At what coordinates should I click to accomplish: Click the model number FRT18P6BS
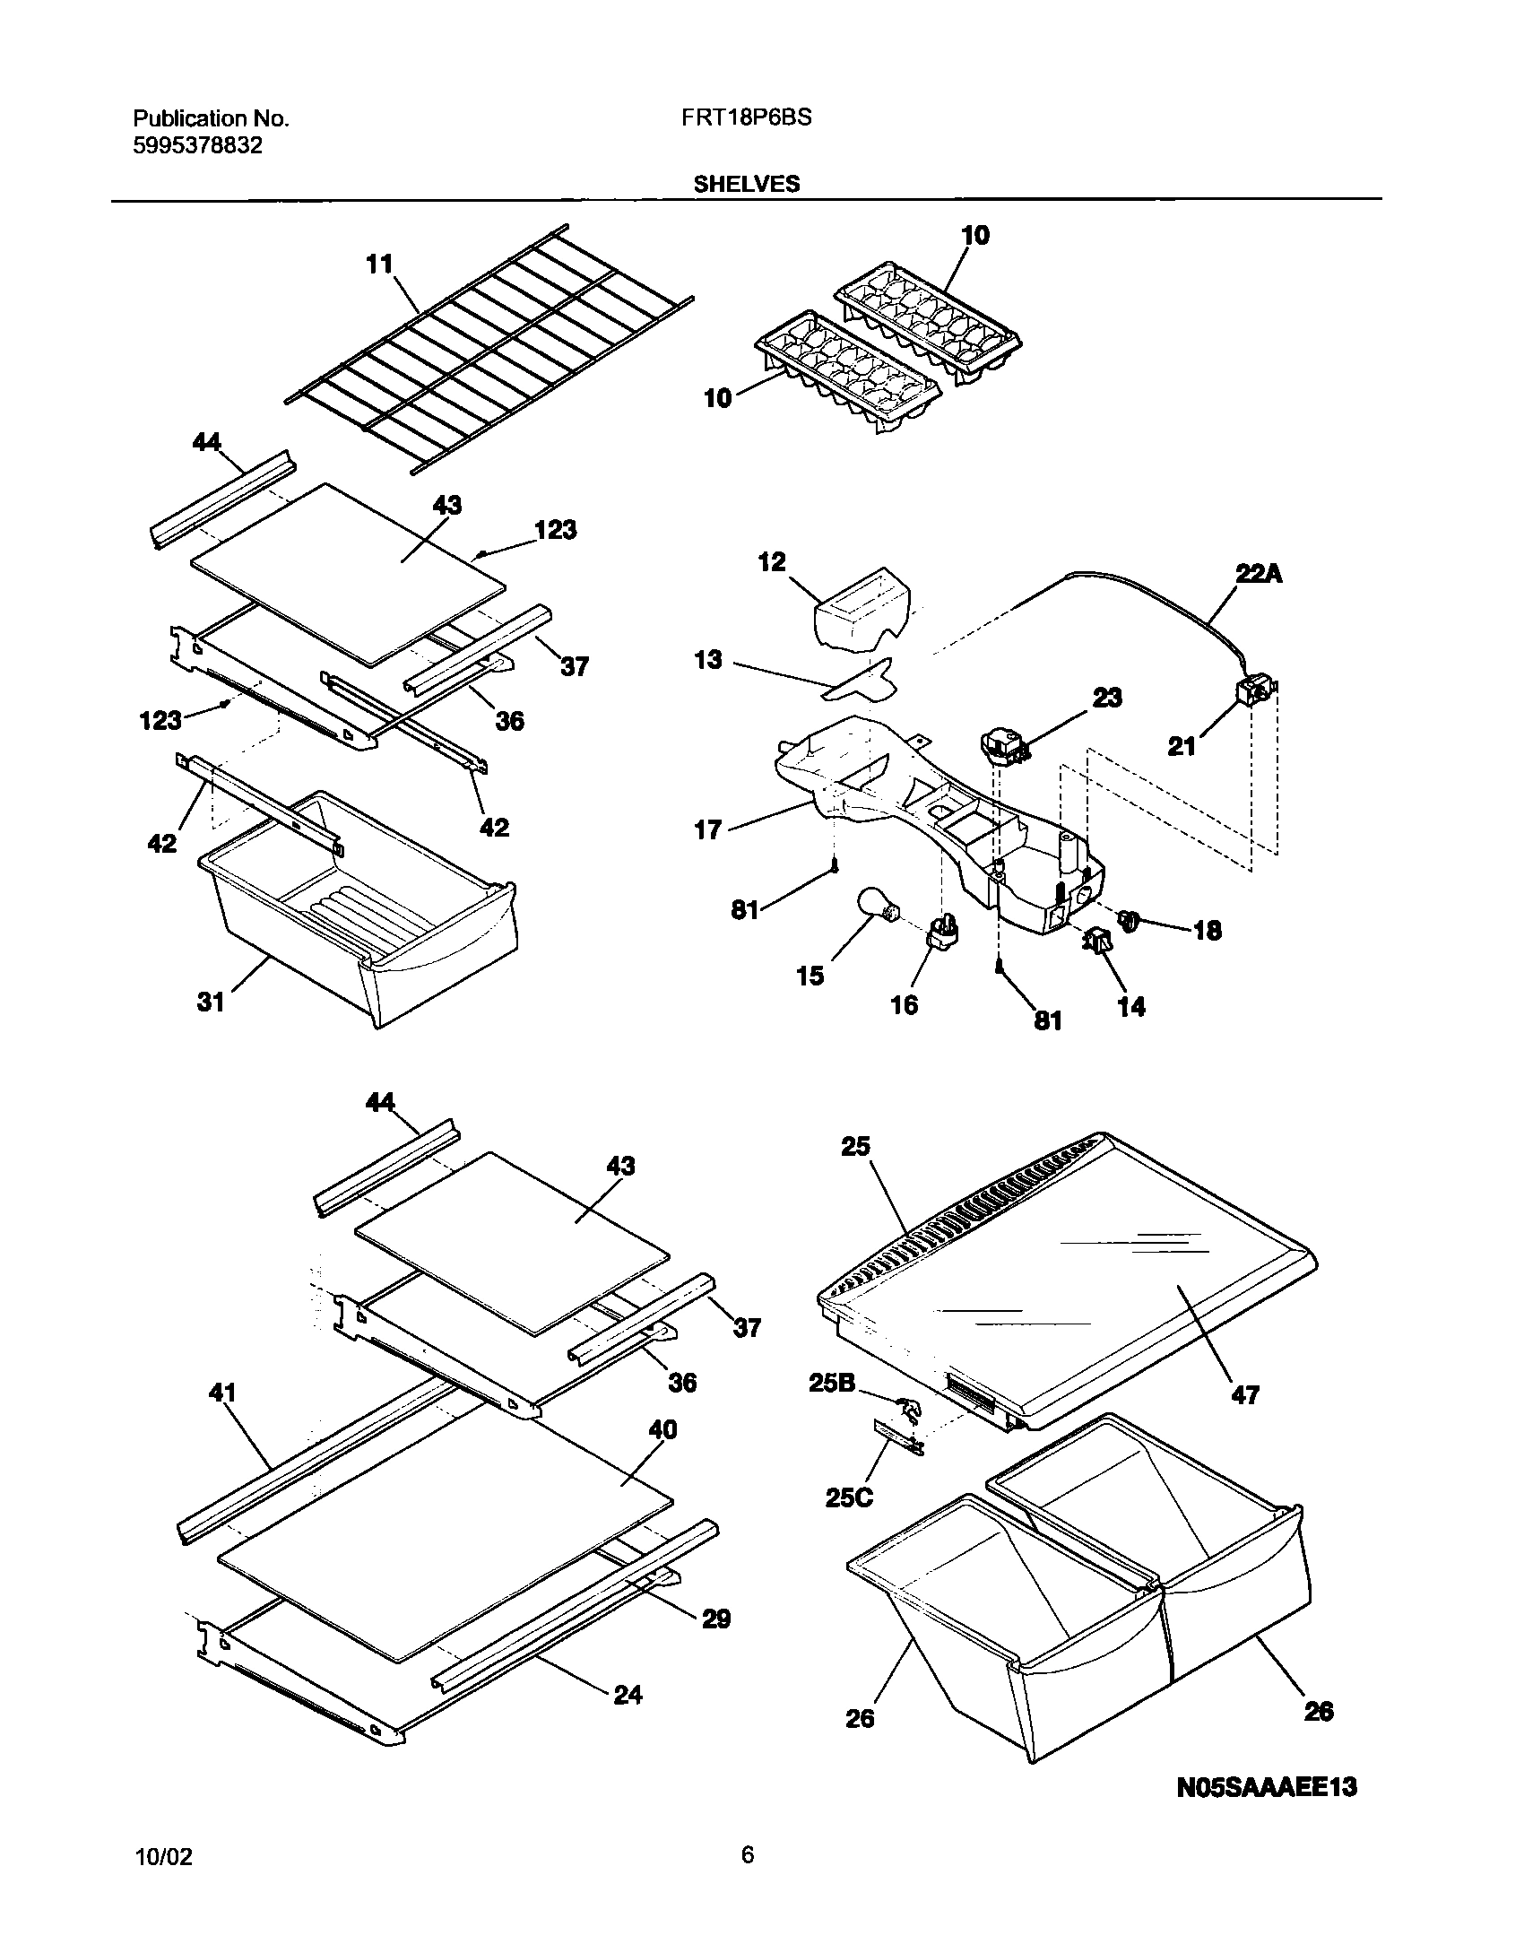click(740, 117)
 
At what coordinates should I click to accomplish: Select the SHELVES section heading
click(746, 184)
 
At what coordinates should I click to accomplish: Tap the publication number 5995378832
click(197, 145)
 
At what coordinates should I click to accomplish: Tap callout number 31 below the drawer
click(211, 1001)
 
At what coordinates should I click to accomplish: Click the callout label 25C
click(849, 1497)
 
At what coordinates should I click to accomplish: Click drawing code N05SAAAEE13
click(1266, 1812)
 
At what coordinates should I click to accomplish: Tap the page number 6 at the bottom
click(747, 1874)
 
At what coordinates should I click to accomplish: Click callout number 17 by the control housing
click(707, 829)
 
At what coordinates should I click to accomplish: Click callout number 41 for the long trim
click(222, 1393)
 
